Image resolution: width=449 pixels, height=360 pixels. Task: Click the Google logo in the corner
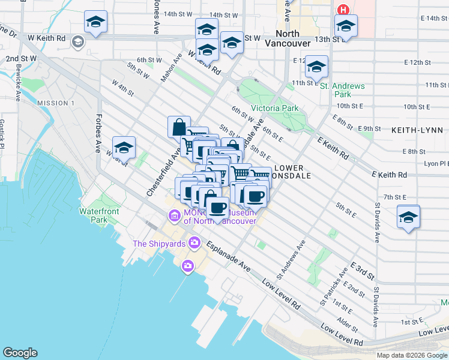[x=20, y=353]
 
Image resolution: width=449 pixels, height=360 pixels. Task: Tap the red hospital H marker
[x=343, y=10]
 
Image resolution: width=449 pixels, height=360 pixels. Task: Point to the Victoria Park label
[x=274, y=109]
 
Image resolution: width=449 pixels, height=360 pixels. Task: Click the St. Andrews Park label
[x=342, y=90]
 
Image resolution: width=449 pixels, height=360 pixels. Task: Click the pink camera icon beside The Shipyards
[x=194, y=243]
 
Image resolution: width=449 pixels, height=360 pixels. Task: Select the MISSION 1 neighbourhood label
[x=55, y=103]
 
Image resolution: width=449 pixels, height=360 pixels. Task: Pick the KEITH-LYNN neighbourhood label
[x=417, y=130]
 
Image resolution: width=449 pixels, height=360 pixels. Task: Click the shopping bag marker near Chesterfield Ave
[x=179, y=127]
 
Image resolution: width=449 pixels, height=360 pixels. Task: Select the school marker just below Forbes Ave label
[x=124, y=148]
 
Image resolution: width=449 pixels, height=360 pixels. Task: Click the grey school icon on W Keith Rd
[x=77, y=42]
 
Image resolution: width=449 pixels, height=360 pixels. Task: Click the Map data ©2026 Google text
[x=411, y=355]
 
